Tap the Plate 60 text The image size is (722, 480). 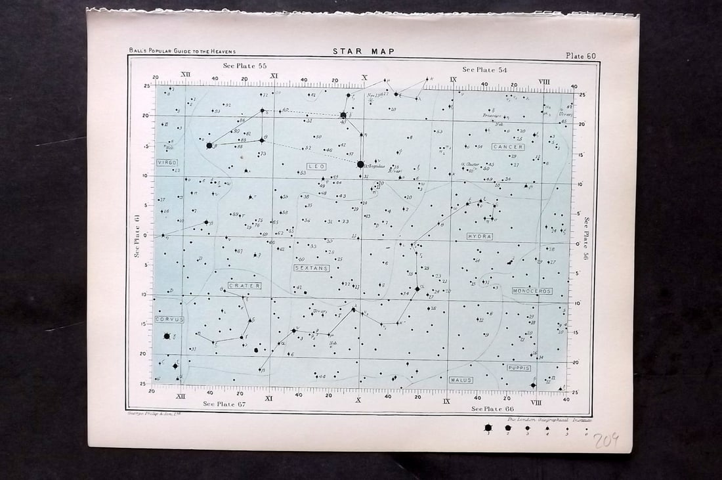click(580, 56)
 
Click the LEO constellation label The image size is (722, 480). click(316, 167)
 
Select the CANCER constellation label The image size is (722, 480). click(508, 147)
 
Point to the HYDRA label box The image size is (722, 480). click(479, 236)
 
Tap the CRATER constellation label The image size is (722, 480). click(245, 286)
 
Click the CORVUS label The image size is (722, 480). click(169, 319)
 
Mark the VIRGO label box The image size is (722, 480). click(167, 162)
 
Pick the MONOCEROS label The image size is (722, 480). click(532, 290)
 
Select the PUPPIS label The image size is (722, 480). click(518, 368)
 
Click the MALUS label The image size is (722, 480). click(460, 380)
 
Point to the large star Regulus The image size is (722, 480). click(360, 164)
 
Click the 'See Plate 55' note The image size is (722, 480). click(244, 66)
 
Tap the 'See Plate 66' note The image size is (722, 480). click(493, 408)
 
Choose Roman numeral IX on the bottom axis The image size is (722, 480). click(446, 401)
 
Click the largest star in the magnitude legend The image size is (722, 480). click(488, 427)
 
